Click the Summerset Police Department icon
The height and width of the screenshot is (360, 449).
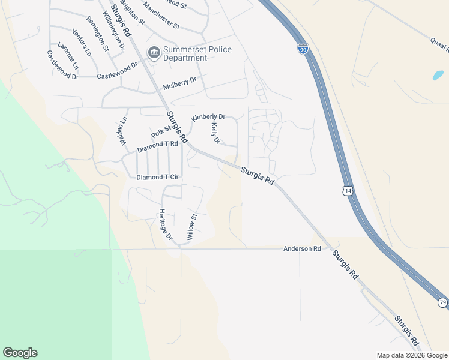[154, 53]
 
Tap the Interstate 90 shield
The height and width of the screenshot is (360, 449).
[303, 49]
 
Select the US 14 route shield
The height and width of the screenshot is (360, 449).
[348, 190]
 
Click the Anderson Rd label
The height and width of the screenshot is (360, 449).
[302, 248]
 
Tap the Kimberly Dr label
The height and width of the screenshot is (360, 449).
[208, 117]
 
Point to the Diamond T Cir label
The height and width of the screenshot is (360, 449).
[158, 178]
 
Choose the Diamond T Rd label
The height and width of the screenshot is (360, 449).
[158, 146]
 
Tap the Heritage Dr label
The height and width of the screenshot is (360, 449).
[165, 225]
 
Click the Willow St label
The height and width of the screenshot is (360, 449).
[191, 227]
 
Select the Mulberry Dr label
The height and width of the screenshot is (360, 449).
[179, 83]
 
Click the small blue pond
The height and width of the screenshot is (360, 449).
[439, 76]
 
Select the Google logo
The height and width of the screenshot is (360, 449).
[20, 353]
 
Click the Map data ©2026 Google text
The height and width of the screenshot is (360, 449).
[411, 355]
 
